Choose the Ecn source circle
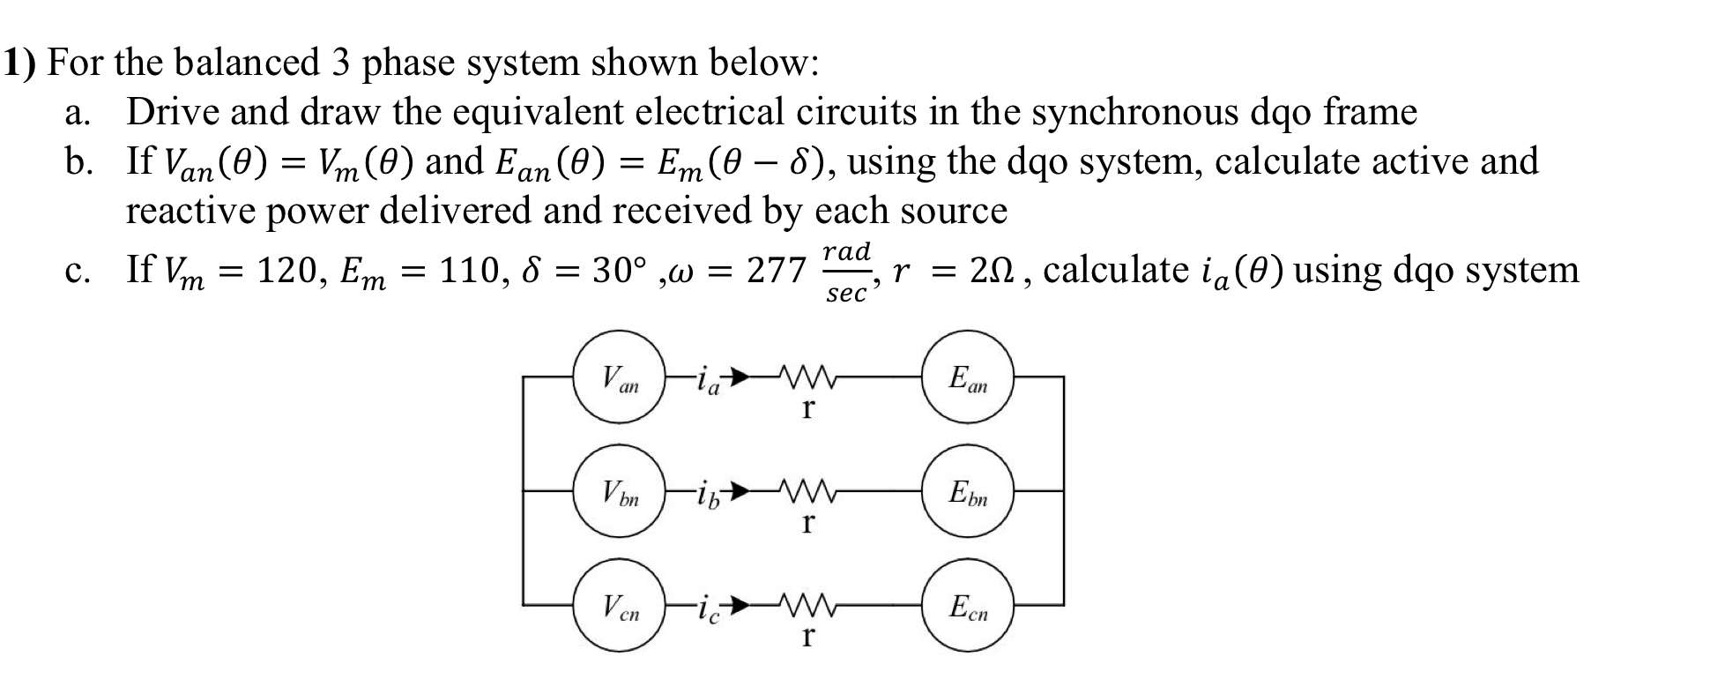(x=968, y=606)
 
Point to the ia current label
(x=708, y=383)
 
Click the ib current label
(x=708, y=495)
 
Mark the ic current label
(x=708, y=608)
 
